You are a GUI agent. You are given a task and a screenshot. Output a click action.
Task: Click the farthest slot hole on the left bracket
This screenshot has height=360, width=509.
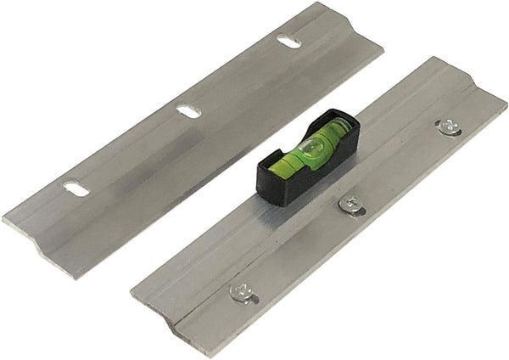click(x=288, y=41)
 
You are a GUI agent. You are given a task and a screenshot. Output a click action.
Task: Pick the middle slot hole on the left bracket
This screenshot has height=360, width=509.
click(x=188, y=110)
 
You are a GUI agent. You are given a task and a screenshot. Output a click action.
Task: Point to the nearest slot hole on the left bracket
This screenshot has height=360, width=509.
click(x=76, y=189)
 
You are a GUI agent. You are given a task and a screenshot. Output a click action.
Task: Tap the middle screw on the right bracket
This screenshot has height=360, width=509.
click(x=350, y=203)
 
